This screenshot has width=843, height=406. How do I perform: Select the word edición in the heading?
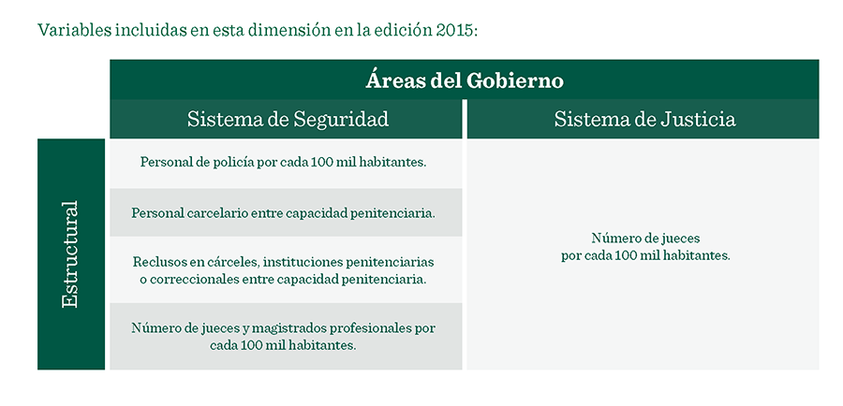tap(401, 30)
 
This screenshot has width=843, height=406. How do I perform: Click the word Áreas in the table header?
tap(396, 80)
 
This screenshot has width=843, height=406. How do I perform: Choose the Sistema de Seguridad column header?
tap(288, 119)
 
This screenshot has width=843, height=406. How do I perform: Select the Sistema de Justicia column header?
tap(644, 119)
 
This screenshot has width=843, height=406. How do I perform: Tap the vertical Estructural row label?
tap(70, 254)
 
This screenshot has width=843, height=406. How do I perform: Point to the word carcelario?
tap(215, 212)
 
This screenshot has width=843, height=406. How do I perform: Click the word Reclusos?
tap(157, 262)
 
